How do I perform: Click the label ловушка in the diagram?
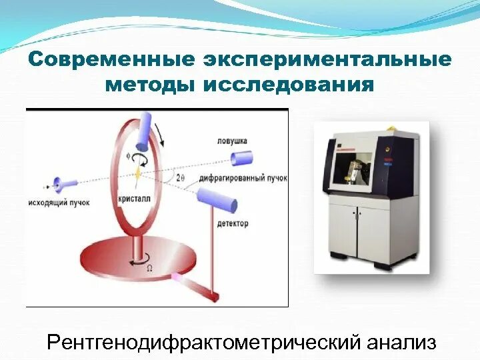click(x=232, y=141)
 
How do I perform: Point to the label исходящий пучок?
click(x=61, y=201)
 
